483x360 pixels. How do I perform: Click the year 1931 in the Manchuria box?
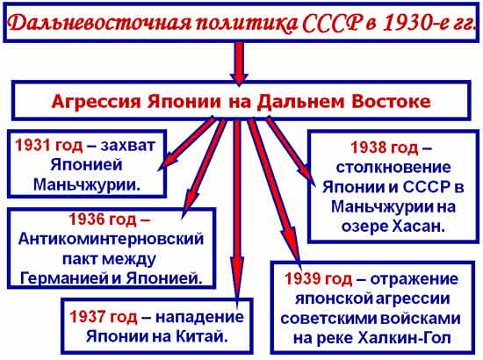pyautogui.click(x=32, y=145)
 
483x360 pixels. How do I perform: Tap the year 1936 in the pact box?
pyautogui.click(x=86, y=219)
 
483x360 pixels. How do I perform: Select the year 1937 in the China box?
pyautogui.click(x=87, y=316)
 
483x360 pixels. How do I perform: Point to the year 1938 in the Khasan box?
pyautogui.click(x=369, y=148)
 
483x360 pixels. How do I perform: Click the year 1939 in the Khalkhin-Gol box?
pyautogui.click(x=302, y=278)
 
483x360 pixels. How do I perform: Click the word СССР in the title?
pyautogui.click(x=331, y=23)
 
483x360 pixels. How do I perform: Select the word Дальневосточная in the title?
pyautogui.click(x=98, y=24)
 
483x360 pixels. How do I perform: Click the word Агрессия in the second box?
pyautogui.click(x=96, y=102)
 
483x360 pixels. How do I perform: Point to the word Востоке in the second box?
pyautogui.click(x=391, y=101)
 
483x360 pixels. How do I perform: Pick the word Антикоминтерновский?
pyautogui.click(x=111, y=239)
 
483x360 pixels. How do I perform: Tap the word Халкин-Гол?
pyautogui.click(x=405, y=338)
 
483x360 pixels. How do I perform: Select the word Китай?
pyautogui.click(x=202, y=336)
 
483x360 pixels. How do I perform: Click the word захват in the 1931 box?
pyautogui.click(x=127, y=146)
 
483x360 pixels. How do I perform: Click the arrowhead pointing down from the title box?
pyautogui.click(x=239, y=78)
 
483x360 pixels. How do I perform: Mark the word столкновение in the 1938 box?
pyautogui.click(x=393, y=168)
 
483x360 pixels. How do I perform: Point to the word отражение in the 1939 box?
pyautogui.click(x=414, y=279)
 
